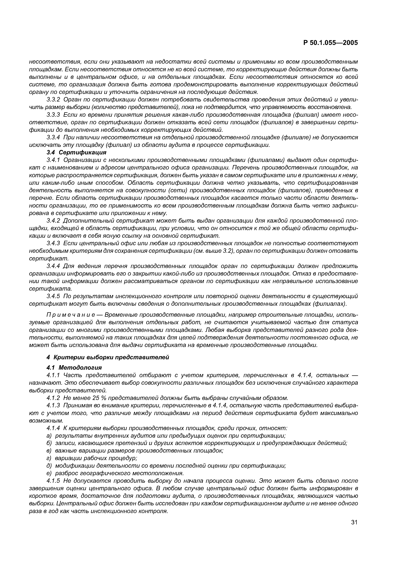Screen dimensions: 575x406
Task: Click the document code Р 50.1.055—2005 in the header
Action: pyautogui.click(x=330, y=43)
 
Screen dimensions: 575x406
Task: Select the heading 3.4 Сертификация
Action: pyautogui.click(x=76, y=152)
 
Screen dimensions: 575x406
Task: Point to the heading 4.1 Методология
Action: pyautogui.click(x=74, y=367)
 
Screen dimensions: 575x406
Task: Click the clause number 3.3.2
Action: pyautogui.click(x=53, y=100)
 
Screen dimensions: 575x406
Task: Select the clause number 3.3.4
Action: pyautogui.click(x=53, y=138)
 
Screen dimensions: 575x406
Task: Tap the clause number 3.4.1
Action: pyautogui.click(x=53, y=160)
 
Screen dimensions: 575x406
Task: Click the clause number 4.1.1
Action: pyautogui.click(x=53, y=375)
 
